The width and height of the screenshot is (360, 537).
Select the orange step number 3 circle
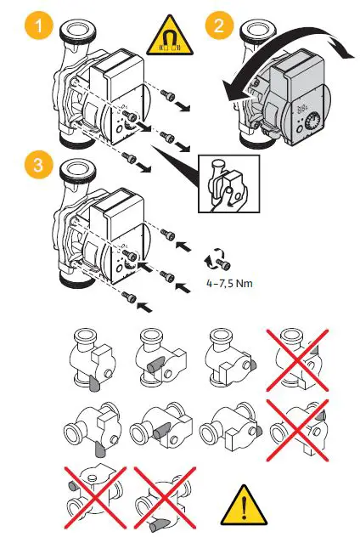(x=33, y=166)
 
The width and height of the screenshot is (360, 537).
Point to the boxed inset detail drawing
(x=223, y=183)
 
